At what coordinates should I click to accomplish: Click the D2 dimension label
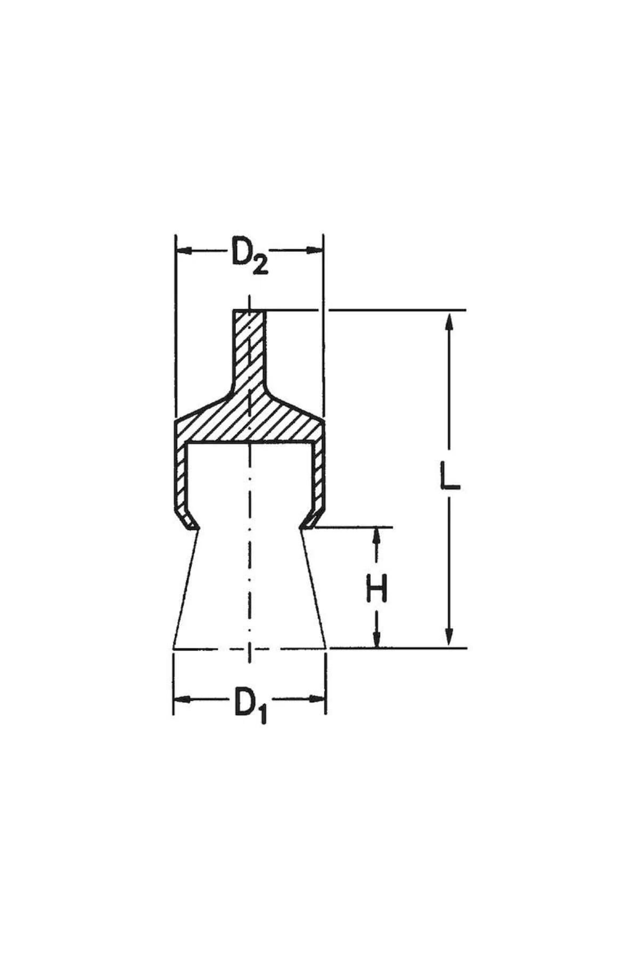249,256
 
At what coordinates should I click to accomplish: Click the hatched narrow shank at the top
249,346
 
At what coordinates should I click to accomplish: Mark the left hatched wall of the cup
181,474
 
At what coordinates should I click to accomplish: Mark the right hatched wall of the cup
318,474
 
